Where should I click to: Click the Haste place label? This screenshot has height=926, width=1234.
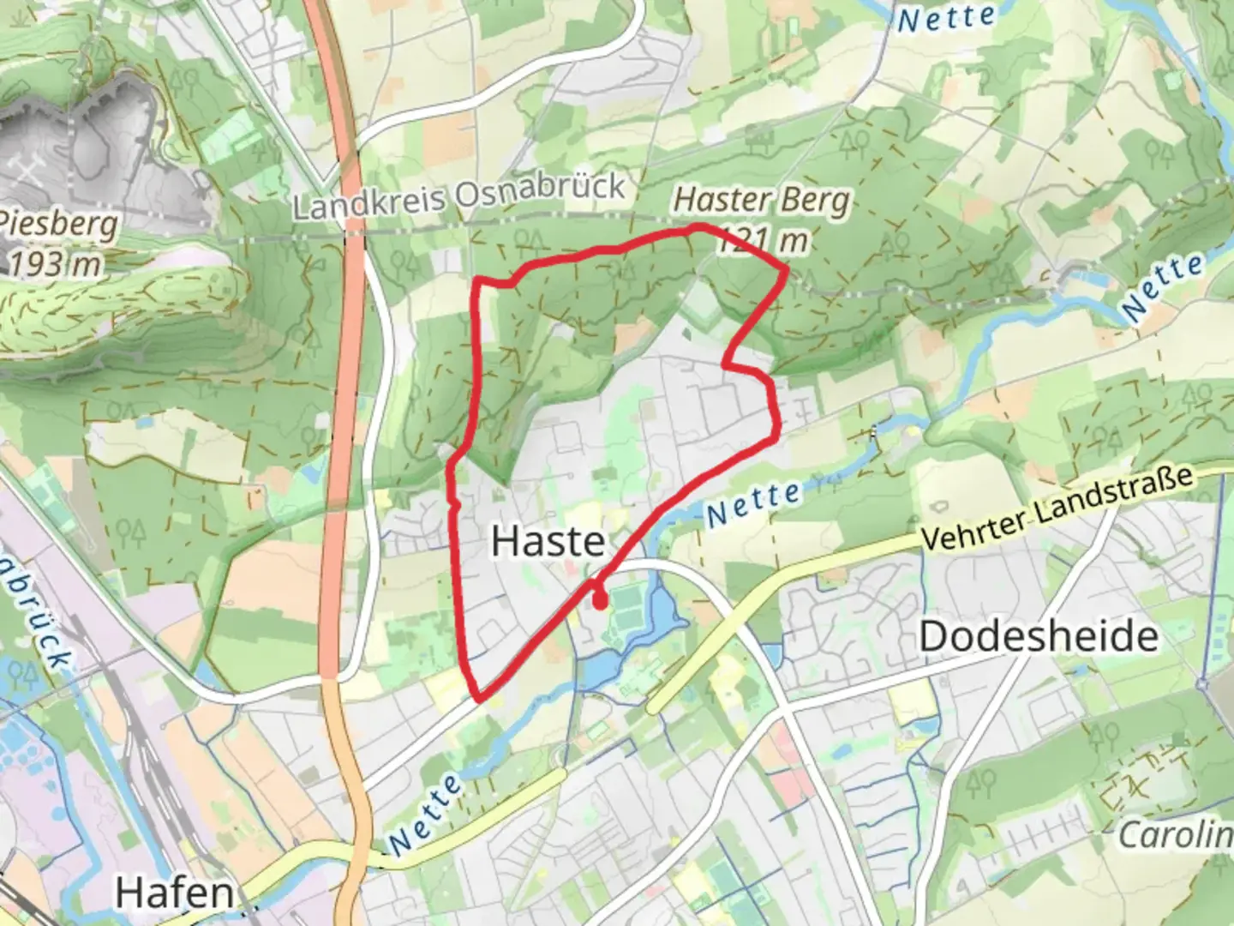coord(548,541)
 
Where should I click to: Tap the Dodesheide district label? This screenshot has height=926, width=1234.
coord(1038,636)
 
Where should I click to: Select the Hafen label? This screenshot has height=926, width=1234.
coord(174,893)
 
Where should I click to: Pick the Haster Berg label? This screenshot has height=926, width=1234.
coord(762,201)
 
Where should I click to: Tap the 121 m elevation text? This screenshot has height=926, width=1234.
coord(763,240)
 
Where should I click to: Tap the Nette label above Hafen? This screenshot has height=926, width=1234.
coord(426,810)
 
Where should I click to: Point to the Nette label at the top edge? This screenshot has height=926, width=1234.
coord(946,18)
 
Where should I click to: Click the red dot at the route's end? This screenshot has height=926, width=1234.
coord(601,602)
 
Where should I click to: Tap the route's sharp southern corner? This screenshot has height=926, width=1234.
coord(478,697)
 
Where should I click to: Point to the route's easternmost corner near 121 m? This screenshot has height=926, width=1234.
coord(786,270)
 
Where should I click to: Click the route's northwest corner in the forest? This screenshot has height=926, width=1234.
coord(478,280)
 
